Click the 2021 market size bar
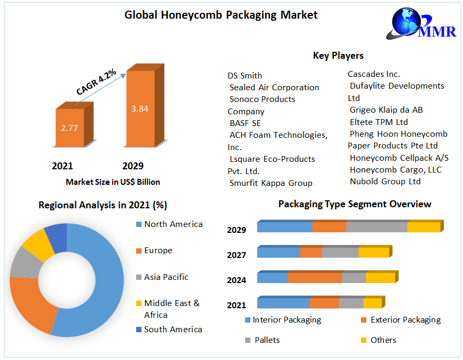point(70,128)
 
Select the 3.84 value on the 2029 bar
point(140,108)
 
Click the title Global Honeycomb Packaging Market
point(221,15)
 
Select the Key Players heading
point(338,56)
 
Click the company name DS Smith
point(245,76)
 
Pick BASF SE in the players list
point(245,123)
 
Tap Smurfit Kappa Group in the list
point(271,183)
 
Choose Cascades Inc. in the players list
point(374,74)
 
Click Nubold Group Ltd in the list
point(385,182)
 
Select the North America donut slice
point(107,278)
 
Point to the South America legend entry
point(172,330)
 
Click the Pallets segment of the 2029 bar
point(376,226)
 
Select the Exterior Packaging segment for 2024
point(315,278)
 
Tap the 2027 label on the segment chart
point(237,255)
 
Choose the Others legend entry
point(383,340)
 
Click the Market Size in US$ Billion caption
point(113,182)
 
